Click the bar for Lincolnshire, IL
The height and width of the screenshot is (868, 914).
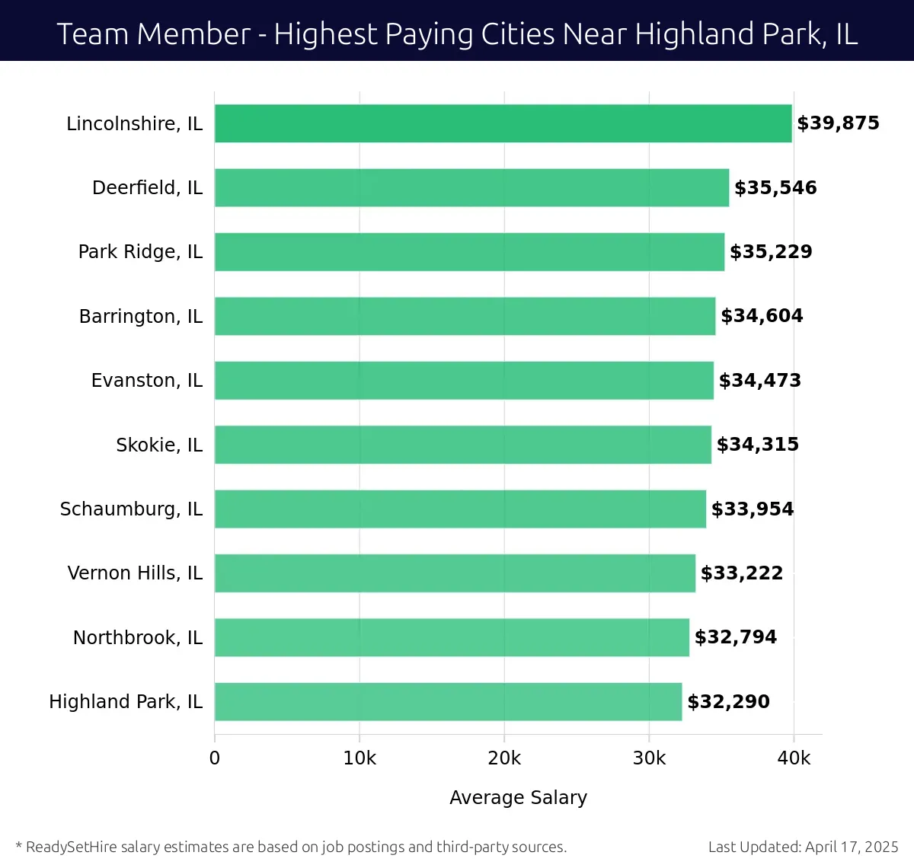click(x=503, y=123)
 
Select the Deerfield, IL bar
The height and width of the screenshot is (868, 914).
click(x=471, y=187)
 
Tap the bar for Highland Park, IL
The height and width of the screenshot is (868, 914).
click(x=448, y=701)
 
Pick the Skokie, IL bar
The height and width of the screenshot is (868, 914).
click(x=462, y=445)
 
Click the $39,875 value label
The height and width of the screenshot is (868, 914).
click(x=838, y=123)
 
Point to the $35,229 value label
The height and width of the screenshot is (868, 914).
click(x=771, y=252)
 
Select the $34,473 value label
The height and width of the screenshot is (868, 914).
click(x=760, y=380)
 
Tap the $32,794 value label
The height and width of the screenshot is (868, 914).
click(x=736, y=637)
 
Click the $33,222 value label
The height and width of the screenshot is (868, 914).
click(x=742, y=573)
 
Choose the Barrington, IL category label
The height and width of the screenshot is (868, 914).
click(x=141, y=316)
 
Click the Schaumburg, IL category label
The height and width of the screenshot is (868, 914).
click(x=131, y=509)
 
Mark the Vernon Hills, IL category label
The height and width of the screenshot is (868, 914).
click(x=135, y=573)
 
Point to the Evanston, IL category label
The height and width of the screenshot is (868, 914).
click(x=147, y=380)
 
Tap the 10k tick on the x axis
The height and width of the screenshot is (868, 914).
click(x=360, y=758)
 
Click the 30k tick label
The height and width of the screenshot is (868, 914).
click(x=649, y=758)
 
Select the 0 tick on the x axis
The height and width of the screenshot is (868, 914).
click(x=215, y=758)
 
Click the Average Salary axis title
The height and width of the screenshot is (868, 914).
click(x=518, y=797)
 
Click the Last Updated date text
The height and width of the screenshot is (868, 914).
click(x=803, y=847)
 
